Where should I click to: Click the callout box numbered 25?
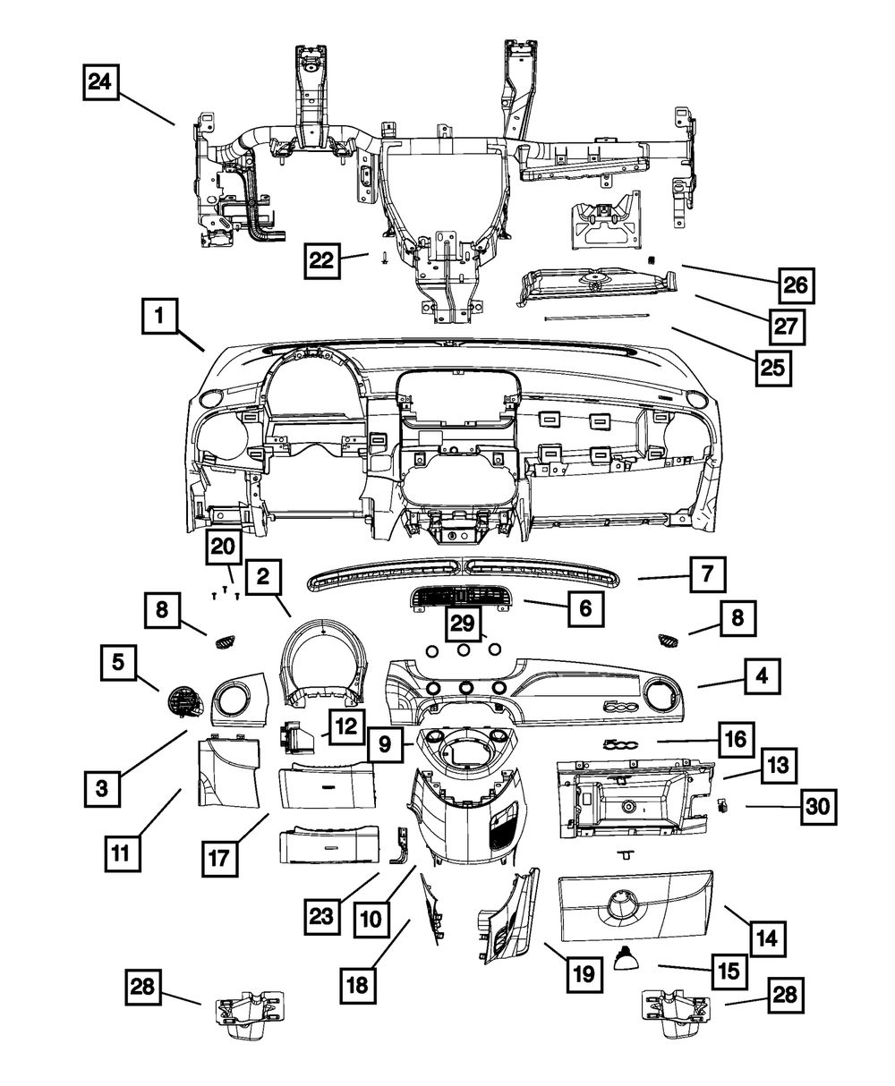[773, 367]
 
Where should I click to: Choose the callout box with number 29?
[465, 623]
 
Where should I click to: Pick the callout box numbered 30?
[816, 807]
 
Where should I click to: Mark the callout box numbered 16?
[733, 742]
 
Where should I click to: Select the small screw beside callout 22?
[384, 258]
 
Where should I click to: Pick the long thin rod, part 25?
[594, 316]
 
